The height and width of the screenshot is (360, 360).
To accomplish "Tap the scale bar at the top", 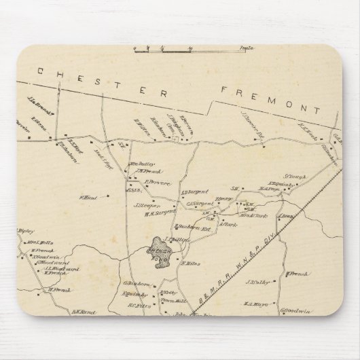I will [x=163, y=48].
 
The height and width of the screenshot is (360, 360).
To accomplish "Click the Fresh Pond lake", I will [x=160, y=249].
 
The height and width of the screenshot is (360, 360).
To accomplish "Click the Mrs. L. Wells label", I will [x=41, y=242].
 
